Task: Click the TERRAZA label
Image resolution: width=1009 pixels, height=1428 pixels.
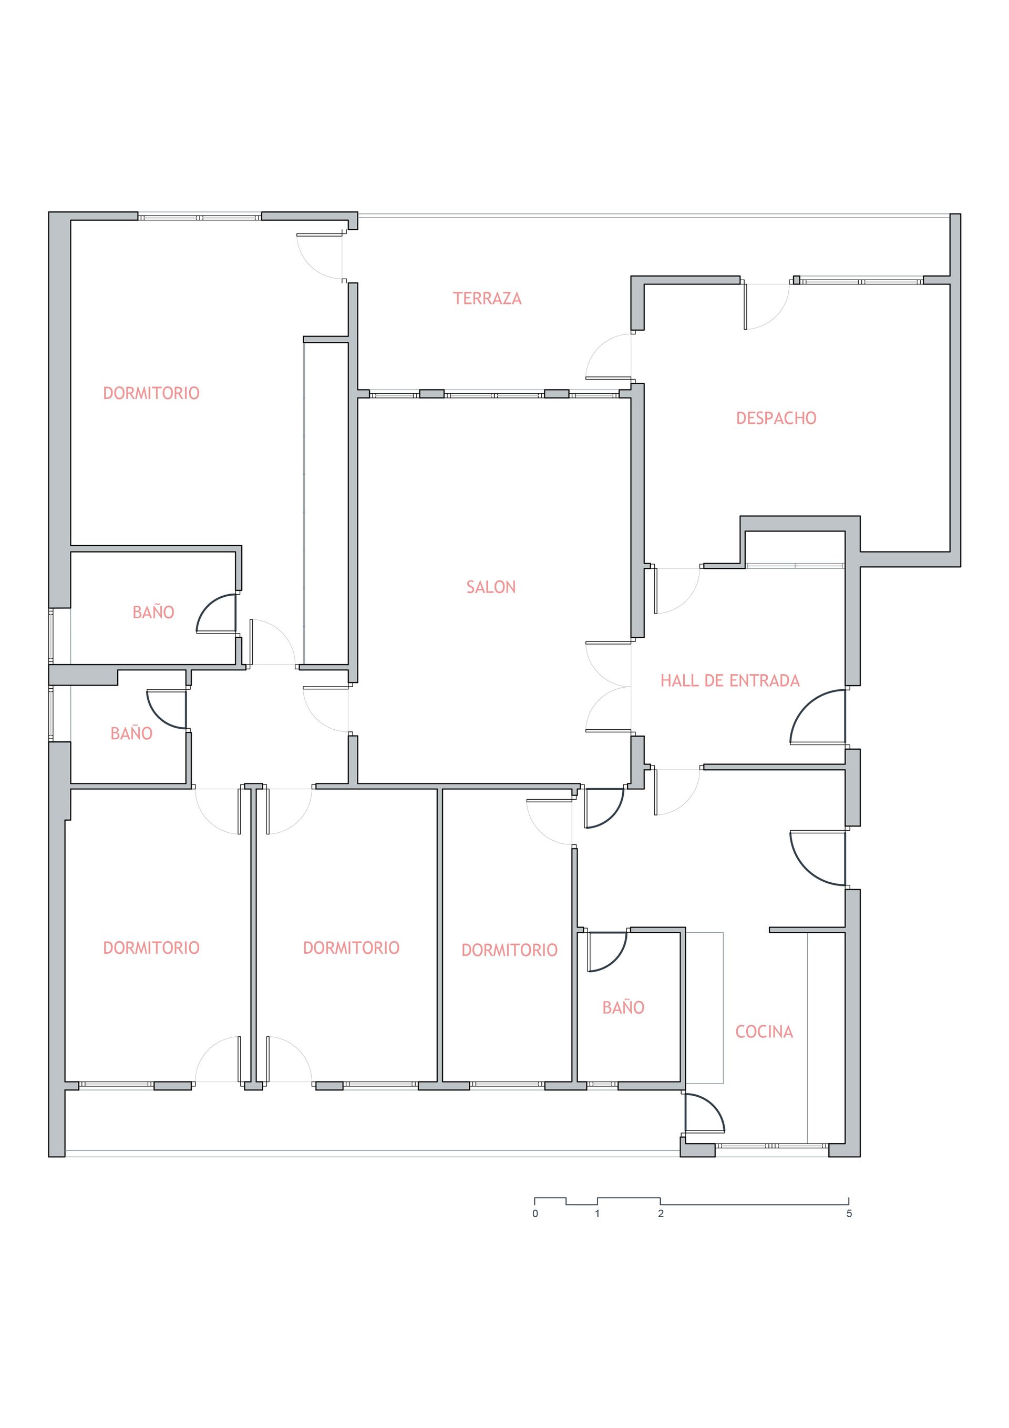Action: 487,299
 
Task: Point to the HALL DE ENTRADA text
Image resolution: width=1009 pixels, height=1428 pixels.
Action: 730,680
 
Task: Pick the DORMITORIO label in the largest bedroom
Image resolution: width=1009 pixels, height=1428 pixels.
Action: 151,393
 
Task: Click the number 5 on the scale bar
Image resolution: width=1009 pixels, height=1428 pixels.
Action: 849,1213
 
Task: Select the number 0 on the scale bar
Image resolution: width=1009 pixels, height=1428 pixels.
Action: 536,1213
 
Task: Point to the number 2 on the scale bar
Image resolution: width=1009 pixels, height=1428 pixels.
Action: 661,1213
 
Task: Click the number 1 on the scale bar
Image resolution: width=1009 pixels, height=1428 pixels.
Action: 597,1213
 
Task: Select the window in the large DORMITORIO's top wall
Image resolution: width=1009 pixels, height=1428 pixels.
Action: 200,218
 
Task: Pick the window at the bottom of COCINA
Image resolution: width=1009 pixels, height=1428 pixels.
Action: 771,1146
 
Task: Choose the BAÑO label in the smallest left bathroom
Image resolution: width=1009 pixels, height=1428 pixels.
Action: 131,733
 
